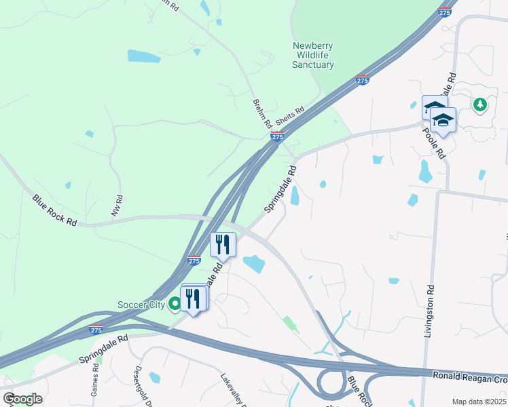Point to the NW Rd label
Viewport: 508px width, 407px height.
(x=117, y=206)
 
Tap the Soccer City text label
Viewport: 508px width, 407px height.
(x=141, y=305)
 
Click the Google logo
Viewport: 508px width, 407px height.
(x=22, y=399)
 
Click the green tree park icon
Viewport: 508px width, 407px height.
(x=480, y=104)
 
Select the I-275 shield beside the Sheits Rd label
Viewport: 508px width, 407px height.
(x=276, y=136)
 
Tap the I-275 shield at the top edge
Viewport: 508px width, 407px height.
(x=445, y=12)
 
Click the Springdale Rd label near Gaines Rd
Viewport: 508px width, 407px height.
(x=103, y=349)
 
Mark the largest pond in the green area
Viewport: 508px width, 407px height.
(x=144, y=56)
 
